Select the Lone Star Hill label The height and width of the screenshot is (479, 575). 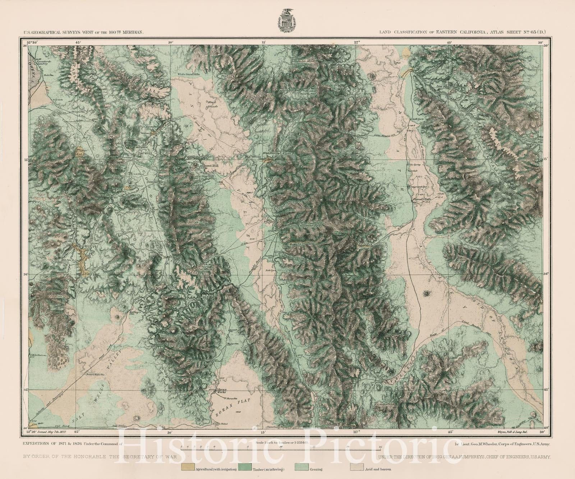[x=204, y=177]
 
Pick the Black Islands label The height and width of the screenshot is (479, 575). [x=213, y=104]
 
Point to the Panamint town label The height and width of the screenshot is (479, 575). [x=306, y=225]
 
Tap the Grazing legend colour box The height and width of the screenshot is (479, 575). [x=301, y=469]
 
